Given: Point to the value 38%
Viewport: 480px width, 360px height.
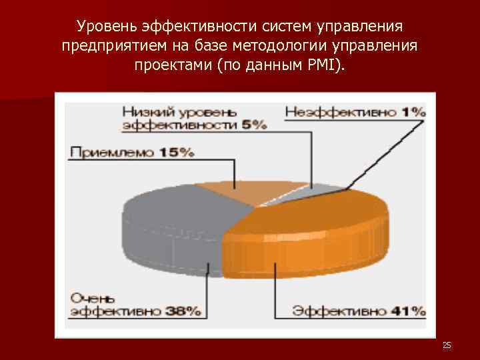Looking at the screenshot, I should point(184,310).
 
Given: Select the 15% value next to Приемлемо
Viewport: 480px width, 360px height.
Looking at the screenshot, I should point(177,152).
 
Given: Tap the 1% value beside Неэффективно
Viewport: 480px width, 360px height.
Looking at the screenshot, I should point(415,113).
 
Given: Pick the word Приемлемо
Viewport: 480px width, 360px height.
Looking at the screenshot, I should point(112,152).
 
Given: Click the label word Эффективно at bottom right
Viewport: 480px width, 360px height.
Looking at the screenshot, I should point(341,310).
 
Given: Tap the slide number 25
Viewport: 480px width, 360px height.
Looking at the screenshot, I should point(447,345).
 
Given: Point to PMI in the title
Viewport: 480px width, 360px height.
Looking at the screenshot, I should point(326,67).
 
